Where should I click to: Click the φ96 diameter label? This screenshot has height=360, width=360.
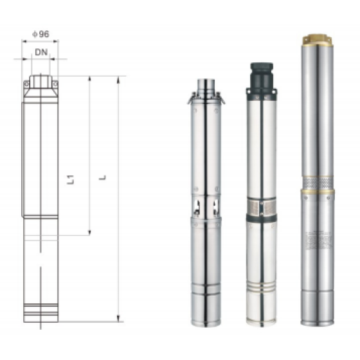(x=40, y=33)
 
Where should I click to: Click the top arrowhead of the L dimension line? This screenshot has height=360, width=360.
(x=118, y=80)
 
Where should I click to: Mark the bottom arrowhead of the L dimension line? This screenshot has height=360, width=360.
(x=118, y=318)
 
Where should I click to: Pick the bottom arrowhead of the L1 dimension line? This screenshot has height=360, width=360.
(x=89, y=233)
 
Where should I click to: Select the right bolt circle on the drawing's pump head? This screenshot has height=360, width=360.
(x=55, y=84)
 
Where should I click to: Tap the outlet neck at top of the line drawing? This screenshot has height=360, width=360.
(x=40, y=80)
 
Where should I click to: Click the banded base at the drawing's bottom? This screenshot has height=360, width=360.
(x=40, y=313)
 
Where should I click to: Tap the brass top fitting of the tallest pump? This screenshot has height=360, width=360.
(x=316, y=40)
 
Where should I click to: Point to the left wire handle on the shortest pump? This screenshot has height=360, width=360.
(x=192, y=99)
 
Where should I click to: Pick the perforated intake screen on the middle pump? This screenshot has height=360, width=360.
(x=260, y=208)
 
